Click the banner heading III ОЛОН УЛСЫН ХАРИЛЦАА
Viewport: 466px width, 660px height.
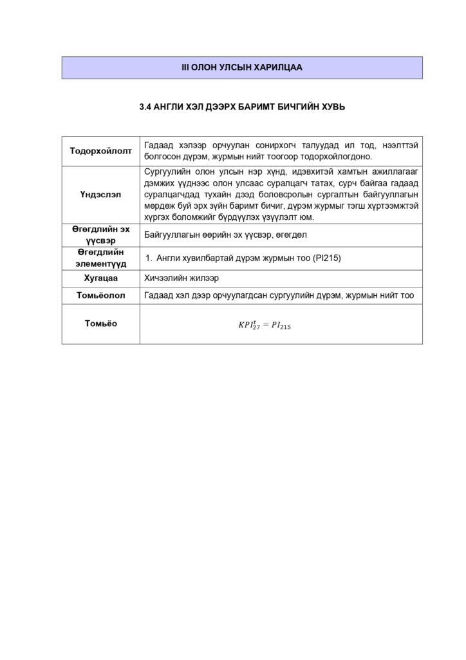241,67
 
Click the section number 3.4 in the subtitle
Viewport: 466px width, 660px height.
145,108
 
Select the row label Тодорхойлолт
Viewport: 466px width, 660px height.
100,151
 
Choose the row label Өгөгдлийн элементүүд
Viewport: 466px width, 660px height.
100,258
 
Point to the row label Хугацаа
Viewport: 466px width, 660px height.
100,278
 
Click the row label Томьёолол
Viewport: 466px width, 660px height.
100,296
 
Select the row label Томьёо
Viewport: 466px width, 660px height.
100,324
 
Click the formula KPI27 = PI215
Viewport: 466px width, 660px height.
265,325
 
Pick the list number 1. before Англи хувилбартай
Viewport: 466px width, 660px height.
148,258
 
